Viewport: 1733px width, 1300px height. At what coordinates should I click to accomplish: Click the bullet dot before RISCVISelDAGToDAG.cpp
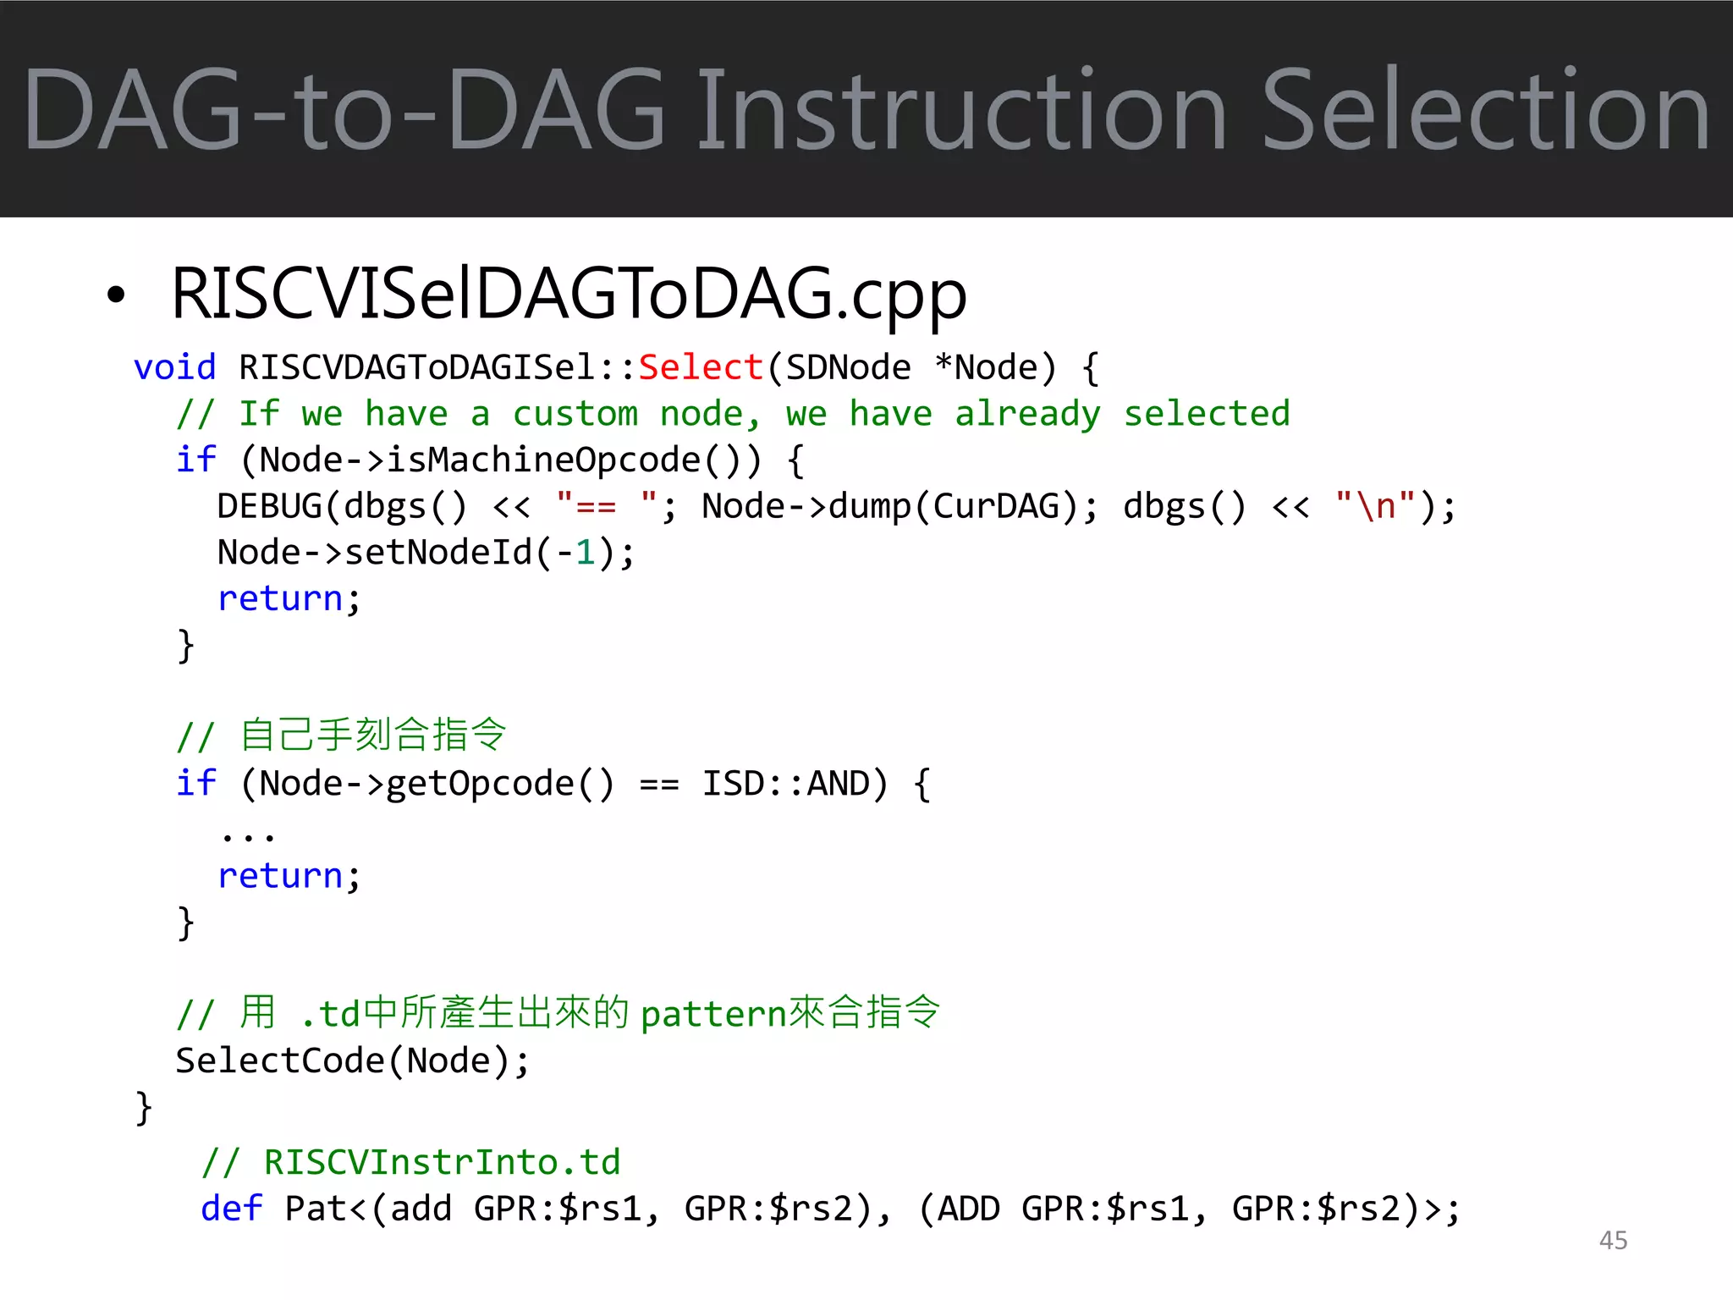pos(116,295)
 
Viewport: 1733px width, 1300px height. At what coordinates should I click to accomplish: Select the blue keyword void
pos(175,367)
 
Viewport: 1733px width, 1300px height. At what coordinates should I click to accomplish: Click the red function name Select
pos(701,367)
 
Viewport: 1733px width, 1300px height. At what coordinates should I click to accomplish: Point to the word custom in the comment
pos(575,414)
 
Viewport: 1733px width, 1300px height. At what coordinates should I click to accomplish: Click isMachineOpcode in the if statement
pos(543,460)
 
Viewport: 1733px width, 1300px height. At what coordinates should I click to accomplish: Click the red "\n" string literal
pos(1375,506)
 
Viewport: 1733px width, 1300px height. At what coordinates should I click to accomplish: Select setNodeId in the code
pos(438,553)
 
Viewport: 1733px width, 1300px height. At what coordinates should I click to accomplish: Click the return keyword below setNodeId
pos(280,598)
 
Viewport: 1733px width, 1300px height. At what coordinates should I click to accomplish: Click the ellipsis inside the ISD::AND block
pos(248,836)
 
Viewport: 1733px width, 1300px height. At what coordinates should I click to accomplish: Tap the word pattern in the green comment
pos(713,1014)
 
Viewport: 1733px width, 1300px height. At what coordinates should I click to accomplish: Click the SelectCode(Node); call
pos(352,1060)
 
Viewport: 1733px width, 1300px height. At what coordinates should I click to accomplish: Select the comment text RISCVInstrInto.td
pos(442,1162)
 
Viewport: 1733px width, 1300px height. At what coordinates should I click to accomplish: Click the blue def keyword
pos(231,1209)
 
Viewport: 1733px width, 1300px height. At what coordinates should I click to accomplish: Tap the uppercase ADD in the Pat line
pos(968,1209)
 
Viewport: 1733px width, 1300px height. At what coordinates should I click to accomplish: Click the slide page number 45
pos(1613,1240)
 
